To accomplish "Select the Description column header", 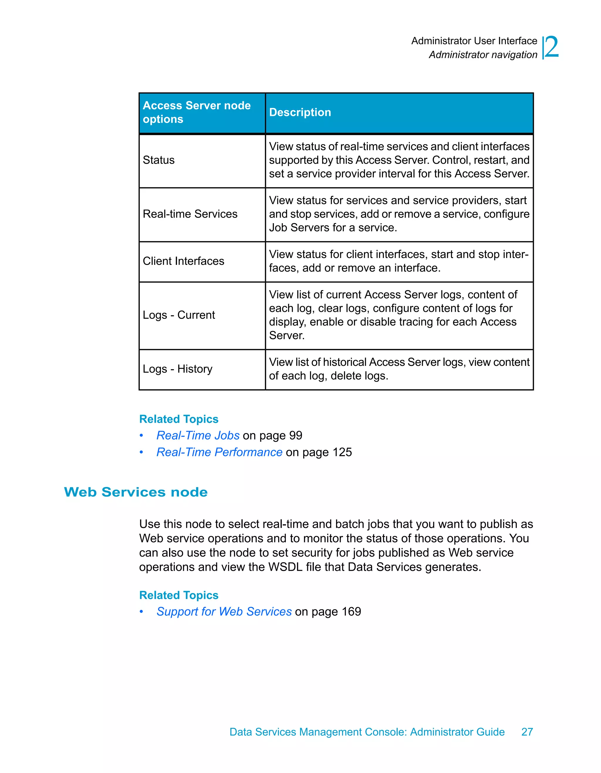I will point(300,112).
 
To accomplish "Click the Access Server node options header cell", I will point(197,112).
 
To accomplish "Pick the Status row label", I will point(158,160).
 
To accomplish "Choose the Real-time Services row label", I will point(190,214).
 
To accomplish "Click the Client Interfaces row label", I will point(183,261).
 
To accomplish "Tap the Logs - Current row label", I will point(179,315).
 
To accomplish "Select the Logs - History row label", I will point(177,369).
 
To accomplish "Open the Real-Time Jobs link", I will point(198,435).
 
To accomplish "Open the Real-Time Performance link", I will point(219,452).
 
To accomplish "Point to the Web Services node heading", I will point(136,492).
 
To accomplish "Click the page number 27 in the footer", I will point(527,732).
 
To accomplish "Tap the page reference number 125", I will point(342,452).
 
